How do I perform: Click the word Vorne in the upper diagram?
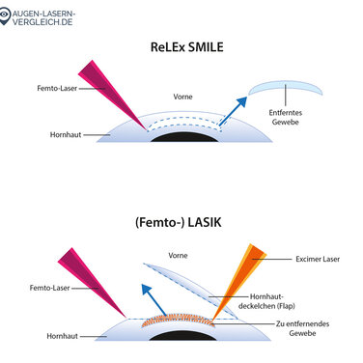[x=181, y=97]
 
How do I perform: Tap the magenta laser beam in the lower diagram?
[x=90, y=280]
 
